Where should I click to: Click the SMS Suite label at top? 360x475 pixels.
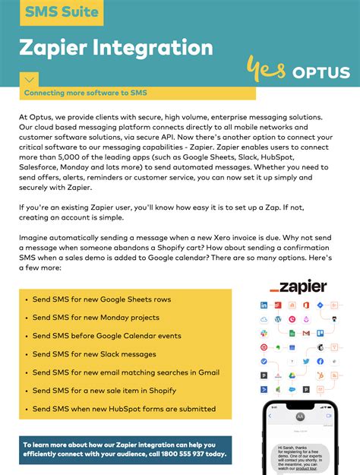tap(61, 12)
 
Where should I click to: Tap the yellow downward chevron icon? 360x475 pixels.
tap(29, 78)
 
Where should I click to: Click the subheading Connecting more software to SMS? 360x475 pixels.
tap(85, 93)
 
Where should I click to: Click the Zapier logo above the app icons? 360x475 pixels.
tap(298, 287)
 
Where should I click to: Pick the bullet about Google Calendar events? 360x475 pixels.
tap(106, 336)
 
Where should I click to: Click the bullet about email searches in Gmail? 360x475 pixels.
tap(125, 372)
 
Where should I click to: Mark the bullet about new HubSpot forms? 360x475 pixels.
tap(124, 409)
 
